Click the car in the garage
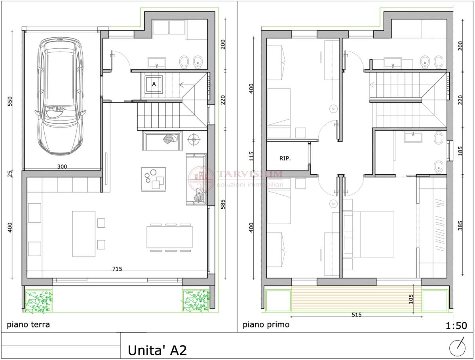click(x=60, y=96)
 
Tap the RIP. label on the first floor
click(x=285, y=158)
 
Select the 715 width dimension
click(x=117, y=269)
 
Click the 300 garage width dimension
click(x=62, y=166)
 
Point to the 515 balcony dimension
click(x=356, y=314)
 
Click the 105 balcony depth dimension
click(x=411, y=299)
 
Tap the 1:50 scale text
click(x=456, y=326)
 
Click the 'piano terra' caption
click(x=28, y=324)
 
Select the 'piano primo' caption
click(x=266, y=324)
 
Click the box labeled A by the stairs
click(x=154, y=84)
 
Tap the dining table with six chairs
click(x=170, y=238)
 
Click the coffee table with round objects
click(x=154, y=179)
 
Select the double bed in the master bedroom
click(x=368, y=234)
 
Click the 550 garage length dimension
click(x=10, y=101)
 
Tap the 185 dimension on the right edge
click(x=460, y=151)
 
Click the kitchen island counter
click(x=84, y=234)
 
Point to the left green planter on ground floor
click(x=39, y=301)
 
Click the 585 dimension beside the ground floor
click(x=223, y=204)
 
